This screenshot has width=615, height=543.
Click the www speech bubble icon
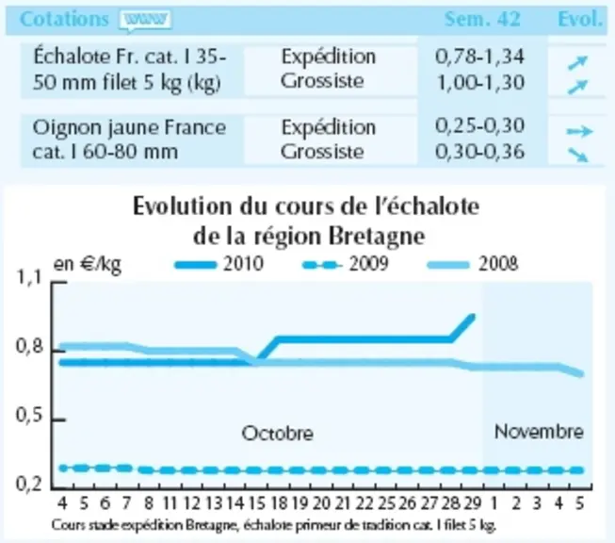[146, 20]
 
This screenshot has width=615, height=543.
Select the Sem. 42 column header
[482, 19]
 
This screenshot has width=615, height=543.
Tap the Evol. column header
[580, 19]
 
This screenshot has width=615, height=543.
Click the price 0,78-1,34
[479, 57]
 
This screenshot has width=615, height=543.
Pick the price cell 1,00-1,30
[480, 82]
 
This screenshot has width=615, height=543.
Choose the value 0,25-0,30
[479, 126]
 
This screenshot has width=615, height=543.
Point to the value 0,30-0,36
[479, 152]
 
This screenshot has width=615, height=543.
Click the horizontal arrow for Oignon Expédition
[579, 131]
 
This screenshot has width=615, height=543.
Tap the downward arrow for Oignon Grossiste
[578, 155]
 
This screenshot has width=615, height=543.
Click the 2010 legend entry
[219, 264]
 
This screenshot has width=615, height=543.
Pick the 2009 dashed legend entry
[345, 264]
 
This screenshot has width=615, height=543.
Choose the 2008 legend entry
[472, 264]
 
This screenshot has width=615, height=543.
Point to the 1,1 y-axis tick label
[28, 278]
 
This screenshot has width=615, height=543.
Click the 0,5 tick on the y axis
[28, 416]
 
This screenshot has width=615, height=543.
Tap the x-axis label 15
[256, 503]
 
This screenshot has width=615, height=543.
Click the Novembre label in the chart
[539, 432]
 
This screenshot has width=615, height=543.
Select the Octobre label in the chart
[277, 434]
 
